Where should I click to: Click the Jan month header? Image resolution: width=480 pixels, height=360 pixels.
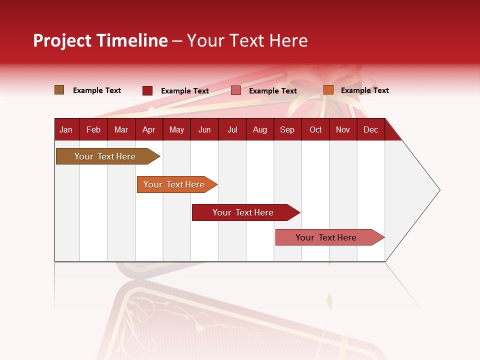pos(66,129)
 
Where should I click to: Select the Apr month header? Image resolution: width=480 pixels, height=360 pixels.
pos(148,129)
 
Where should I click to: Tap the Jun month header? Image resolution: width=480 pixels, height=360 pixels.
pos(204,129)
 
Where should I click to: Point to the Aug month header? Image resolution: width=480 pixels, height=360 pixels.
pos(259,129)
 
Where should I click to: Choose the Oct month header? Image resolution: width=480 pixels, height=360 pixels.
pos(315,129)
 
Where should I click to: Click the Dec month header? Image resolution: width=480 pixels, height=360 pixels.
pos(370,129)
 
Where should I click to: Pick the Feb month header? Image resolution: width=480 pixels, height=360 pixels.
pos(93,129)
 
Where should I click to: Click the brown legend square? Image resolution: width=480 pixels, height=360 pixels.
pos(59,90)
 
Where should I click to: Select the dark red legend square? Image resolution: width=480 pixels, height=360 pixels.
pos(147,90)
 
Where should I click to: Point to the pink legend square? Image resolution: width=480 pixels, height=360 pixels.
pos(236,90)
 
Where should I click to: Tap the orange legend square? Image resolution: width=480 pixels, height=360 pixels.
pos(328,90)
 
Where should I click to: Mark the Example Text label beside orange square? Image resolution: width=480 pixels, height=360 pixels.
pos(364,90)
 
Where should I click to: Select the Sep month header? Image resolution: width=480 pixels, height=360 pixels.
pos(287,129)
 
